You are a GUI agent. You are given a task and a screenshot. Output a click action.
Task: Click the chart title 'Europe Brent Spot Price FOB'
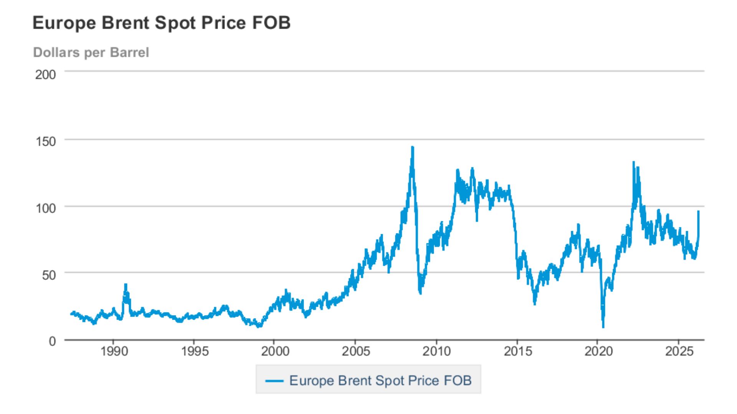(162, 23)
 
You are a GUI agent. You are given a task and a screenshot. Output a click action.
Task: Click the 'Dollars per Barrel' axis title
(91, 53)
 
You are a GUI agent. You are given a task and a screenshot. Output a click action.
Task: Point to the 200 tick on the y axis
(46, 74)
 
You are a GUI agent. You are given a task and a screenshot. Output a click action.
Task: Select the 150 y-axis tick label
(46, 141)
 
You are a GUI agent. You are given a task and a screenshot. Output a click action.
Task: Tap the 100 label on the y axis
(46, 208)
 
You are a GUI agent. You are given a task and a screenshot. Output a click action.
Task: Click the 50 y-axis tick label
(49, 275)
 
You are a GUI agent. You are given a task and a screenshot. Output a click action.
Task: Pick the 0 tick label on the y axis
(52, 341)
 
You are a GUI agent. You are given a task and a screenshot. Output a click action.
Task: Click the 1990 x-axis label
(114, 351)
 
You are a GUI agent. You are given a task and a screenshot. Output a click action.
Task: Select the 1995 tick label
(195, 351)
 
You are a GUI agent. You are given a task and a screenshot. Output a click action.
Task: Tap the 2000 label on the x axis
(275, 351)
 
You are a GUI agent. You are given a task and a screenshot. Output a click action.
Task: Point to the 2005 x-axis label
(356, 351)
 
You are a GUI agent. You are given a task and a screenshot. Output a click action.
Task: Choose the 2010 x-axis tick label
(436, 351)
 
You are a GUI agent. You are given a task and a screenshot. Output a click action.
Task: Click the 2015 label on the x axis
(518, 351)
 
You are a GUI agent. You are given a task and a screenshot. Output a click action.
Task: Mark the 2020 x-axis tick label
(598, 351)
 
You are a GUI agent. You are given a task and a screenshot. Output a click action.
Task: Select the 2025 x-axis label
(679, 351)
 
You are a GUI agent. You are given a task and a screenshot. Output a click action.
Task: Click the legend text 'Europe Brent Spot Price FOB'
(380, 380)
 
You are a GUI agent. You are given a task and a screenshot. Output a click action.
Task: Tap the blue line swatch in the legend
(274, 381)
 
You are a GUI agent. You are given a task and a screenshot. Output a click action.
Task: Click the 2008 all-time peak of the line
(412, 147)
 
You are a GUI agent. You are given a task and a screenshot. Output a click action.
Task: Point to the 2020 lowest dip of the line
(603, 327)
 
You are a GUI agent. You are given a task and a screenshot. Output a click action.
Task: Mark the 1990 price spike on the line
(126, 285)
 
